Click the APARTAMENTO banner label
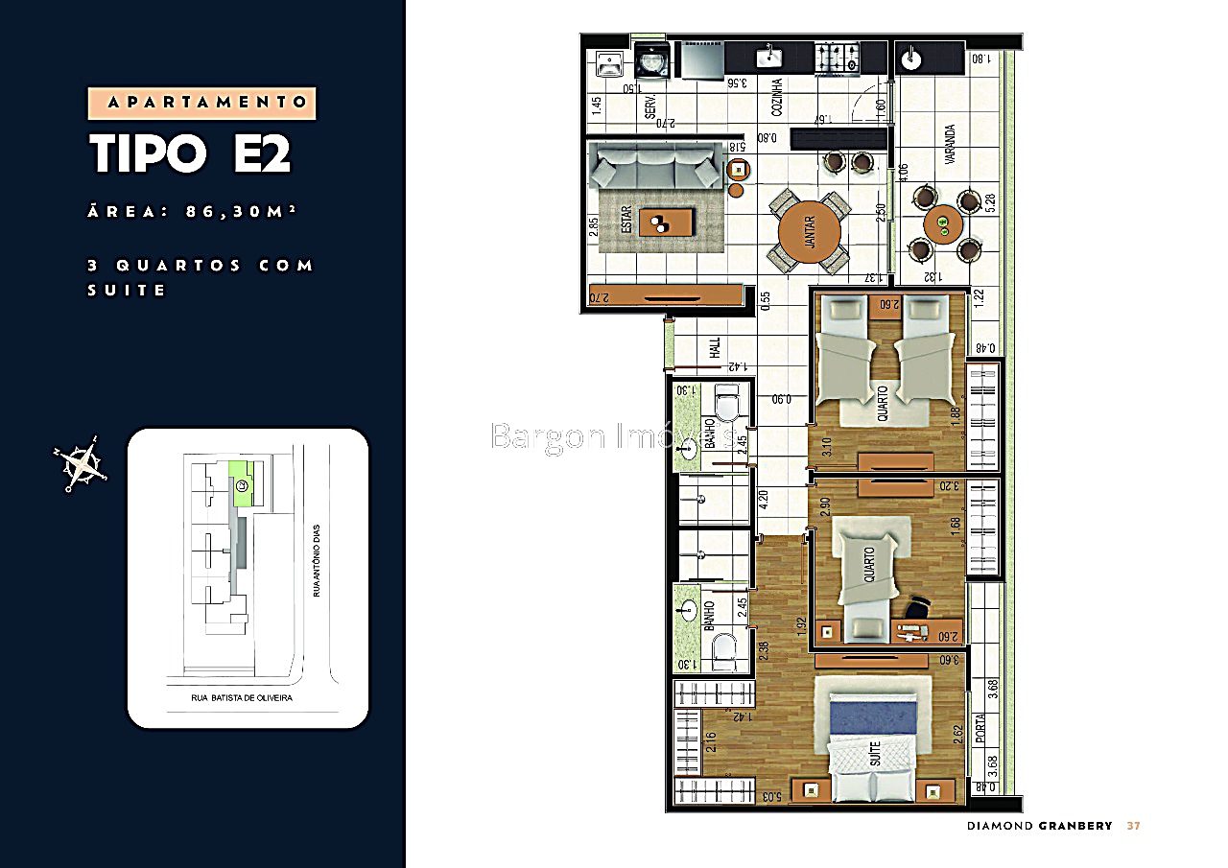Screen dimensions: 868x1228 202,103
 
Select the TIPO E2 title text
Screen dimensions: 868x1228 190,153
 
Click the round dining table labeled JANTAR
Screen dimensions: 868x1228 810,232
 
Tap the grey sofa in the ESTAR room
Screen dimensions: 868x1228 656,167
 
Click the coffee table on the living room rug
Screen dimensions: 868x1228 666,223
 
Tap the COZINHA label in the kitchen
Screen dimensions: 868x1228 777,97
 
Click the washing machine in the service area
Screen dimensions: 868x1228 650,60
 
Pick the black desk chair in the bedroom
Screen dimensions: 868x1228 917,606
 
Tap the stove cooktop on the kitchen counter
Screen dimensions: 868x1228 838,59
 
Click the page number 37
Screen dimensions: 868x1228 1133,826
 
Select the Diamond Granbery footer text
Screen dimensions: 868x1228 1039,826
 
